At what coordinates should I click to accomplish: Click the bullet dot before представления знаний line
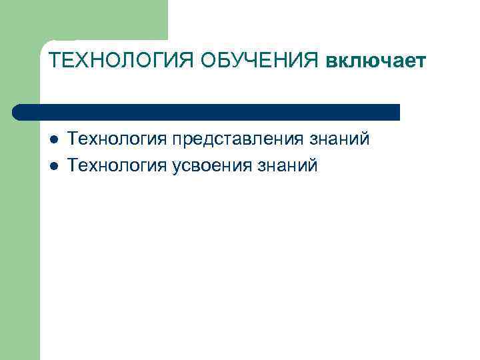(54, 140)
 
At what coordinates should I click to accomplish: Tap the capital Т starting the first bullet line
(74, 139)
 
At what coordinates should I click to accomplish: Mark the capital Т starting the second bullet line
(74, 165)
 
